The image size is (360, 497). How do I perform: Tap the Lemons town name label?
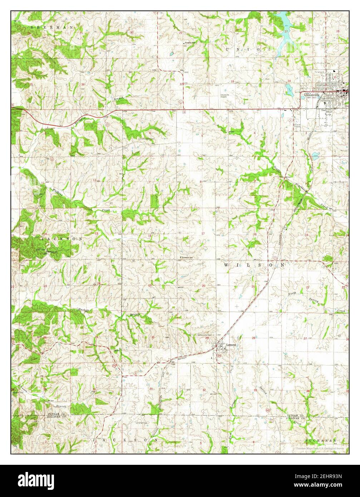pos(231,345)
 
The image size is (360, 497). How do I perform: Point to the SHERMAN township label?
pos(52,27)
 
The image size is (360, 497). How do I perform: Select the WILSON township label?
pos(255,265)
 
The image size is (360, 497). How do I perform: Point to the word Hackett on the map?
pos(86,309)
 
